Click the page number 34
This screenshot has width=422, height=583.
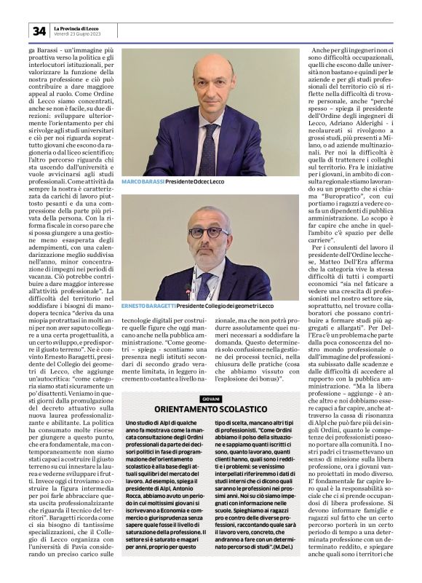pos(38,31)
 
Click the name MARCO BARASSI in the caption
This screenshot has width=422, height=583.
pos(143,181)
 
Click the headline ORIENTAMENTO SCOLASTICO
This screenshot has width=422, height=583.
pos(210,411)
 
